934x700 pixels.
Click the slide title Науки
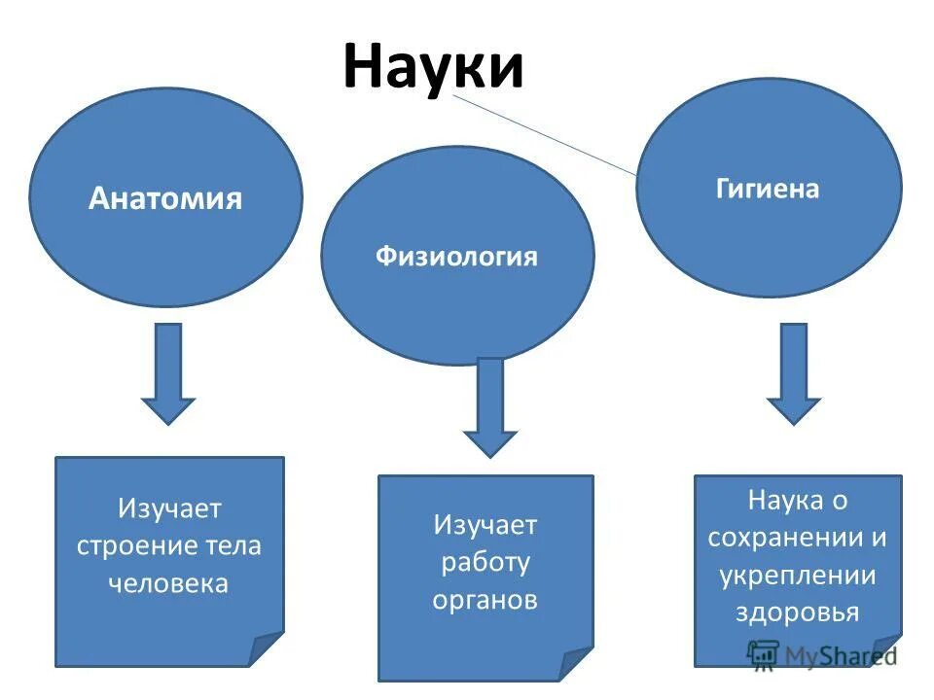pyautogui.click(x=433, y=67)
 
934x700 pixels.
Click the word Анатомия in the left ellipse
pyautogui.click(x=165, y=199)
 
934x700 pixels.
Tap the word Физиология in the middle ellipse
pyautogui.click(x=456, y=257)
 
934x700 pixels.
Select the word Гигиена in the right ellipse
pyautogui.click(x=768, y=189)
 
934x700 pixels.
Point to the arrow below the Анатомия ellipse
pyautogui.click(x=168, y=374)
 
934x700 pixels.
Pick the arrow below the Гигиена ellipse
pyautogui.click(x=793, y=374)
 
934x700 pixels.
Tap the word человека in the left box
pyautogui.click(x=169, y=583)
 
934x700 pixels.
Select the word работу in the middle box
pyautogui.click(x=485, y=562)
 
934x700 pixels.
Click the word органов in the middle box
pyautogui.click(x=485, y=600)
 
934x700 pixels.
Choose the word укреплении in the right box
pyautogui.click(x=798, y=576)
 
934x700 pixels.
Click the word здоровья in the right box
pyautogui.click(x=798, y=612)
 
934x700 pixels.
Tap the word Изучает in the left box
pyautogui.click(x=169, y=507)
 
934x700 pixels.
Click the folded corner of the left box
pyautogui.click(x=268, y=650)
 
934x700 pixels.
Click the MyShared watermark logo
pyautogui.click(x=822, y=654)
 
